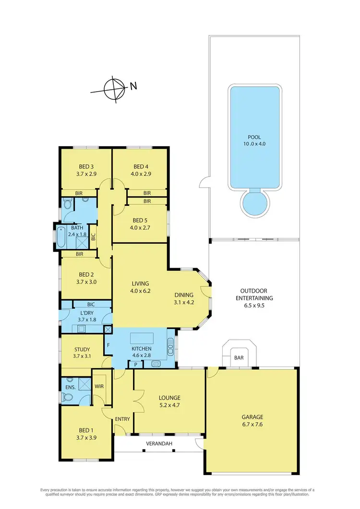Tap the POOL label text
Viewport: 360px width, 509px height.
[x=254, y=137]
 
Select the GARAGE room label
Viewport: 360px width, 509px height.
[x=252, y=417]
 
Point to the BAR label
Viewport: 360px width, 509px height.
[x=239, y=358]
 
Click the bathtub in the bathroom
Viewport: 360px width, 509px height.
[x=61, y=236]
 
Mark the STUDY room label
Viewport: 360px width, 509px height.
[x=83, y=349]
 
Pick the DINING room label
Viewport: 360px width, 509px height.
[x=184, y=295]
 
